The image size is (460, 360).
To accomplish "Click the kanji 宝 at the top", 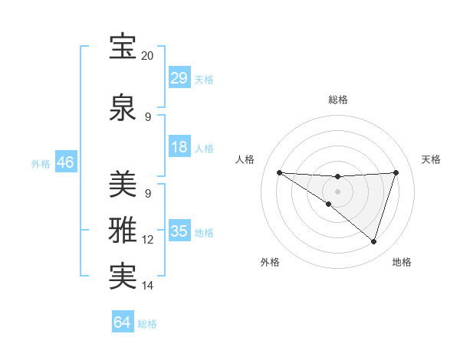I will pos(123,47).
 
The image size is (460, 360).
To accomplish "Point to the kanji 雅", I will pos(123,231).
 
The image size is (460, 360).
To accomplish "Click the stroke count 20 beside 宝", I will pos(148,57).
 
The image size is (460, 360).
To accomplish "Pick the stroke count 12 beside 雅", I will pos(148,240).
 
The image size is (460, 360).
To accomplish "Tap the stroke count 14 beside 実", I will pos(148,286).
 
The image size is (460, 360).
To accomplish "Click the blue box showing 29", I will pos(179,78).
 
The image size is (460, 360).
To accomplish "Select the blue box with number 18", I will pos(179,147).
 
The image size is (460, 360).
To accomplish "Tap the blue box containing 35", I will pos(179,231).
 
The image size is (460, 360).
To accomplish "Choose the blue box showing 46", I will pos(65,162).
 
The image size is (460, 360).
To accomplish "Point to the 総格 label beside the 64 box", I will pos(147,324).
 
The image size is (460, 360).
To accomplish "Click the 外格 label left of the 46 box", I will pos(41,164).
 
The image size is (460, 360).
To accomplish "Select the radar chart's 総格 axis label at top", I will pos(337,100).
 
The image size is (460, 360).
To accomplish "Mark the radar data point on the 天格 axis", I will pos(396,172).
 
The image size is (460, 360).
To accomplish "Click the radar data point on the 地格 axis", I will pos(374,242).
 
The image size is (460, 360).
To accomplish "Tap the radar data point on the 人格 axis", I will pos(279,172).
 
